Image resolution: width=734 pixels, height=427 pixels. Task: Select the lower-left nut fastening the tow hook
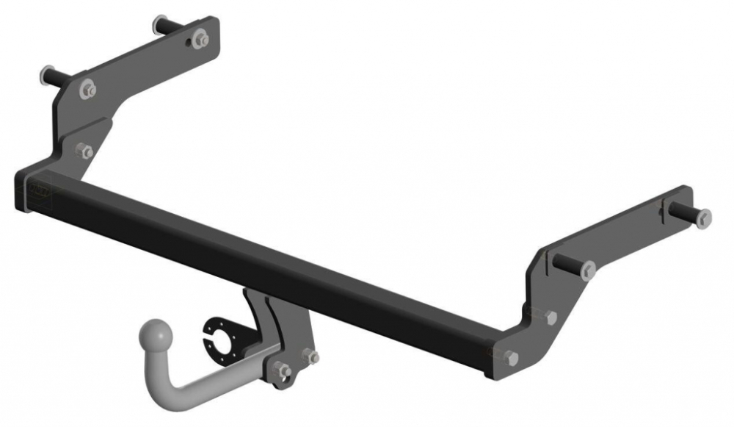pos(281,372)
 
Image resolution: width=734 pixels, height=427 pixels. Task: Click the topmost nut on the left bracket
pos(200,37)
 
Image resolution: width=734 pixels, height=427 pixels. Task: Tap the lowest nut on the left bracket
pos(84,151)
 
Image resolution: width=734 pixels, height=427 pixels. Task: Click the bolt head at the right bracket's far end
pos(703,217)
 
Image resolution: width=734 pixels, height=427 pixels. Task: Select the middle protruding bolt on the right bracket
pos(587,271)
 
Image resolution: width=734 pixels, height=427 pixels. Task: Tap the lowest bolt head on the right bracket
pos(511,357)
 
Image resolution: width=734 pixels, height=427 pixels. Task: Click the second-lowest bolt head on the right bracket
pos(550,317)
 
